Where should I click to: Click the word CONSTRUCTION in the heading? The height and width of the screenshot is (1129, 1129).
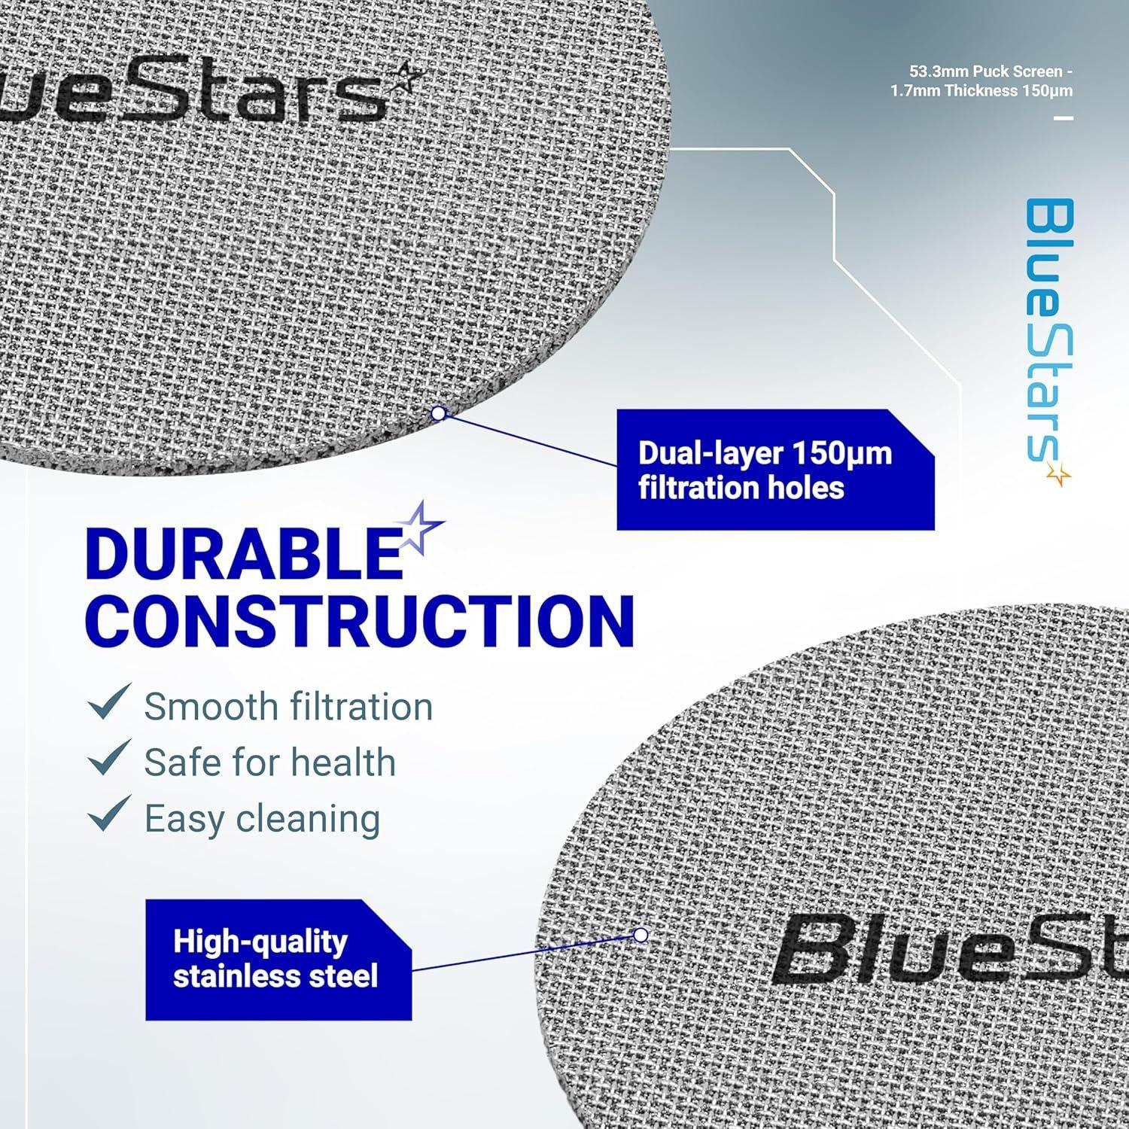pyautogui.click(x=360, y=622)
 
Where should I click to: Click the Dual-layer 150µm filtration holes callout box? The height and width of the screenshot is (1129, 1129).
pyautogui.click(x=775, y=470)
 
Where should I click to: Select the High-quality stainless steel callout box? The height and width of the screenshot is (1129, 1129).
pyautogui.click(x=278, y=959)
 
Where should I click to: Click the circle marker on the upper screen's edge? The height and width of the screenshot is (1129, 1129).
pyautogui.click(x=438, y=412)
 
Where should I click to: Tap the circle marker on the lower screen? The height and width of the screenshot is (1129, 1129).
pyautogui.click(x=641, y=935)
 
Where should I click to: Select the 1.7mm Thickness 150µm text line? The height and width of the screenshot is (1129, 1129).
pyautogui.click(x=981, y=91)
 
